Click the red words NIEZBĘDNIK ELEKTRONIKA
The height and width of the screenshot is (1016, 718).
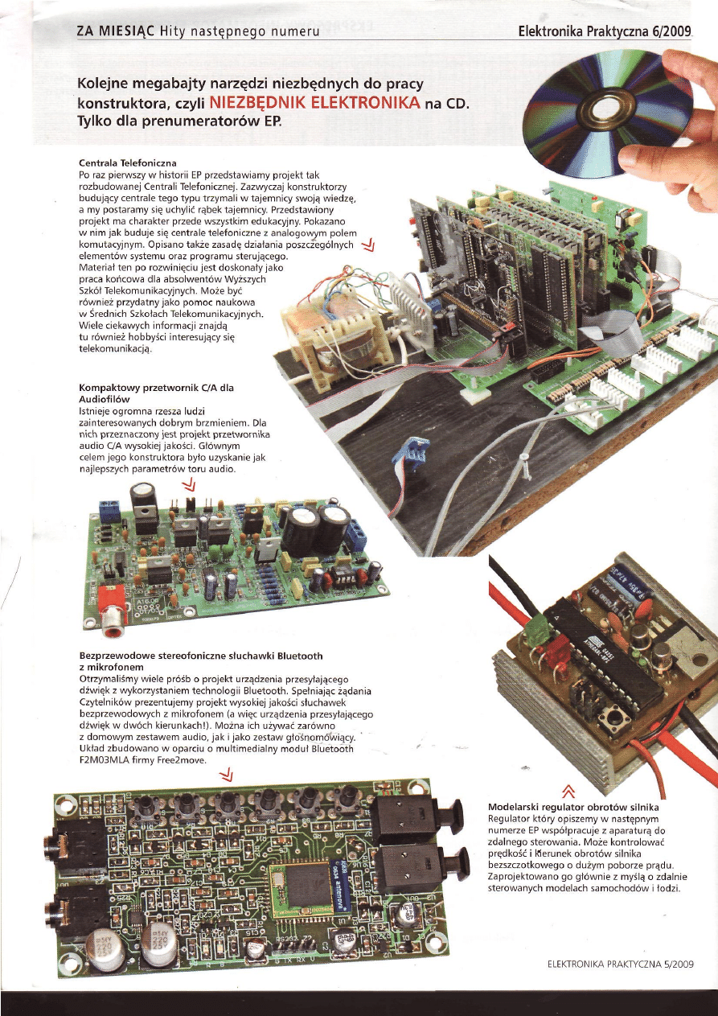pos(314,102)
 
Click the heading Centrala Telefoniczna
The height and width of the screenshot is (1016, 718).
pos(128,162)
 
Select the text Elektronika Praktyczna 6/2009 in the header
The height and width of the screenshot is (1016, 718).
pos(605,31)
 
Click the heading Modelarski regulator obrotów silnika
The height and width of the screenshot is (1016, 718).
pos(573,808)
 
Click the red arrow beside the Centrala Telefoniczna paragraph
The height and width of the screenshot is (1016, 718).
pos(369,247)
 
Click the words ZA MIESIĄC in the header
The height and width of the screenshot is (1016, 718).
pos(116,31)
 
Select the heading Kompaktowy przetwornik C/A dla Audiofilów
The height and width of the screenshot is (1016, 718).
pos(156,393)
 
